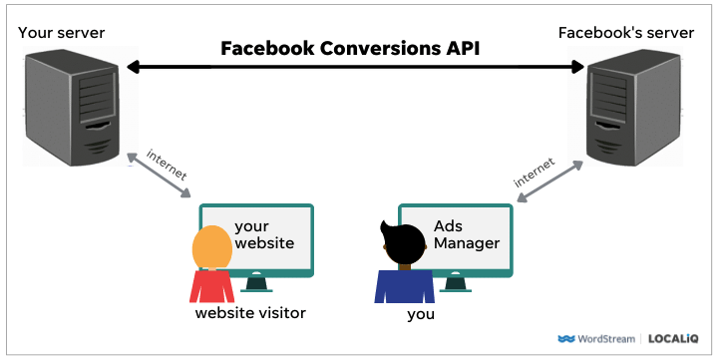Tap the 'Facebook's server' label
(625, 33)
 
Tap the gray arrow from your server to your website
(159, 177)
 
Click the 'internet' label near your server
(167, 165)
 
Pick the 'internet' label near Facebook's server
(535, 172)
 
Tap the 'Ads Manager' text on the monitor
(463, 235)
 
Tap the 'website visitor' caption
(250, 313)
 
